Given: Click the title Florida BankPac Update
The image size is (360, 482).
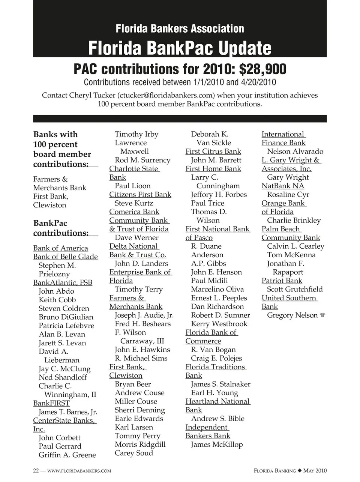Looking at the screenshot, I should point(180,48).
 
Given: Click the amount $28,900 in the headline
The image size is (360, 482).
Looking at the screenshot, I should point(262,69).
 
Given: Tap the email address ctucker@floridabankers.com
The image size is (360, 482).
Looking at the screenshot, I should point(166,95).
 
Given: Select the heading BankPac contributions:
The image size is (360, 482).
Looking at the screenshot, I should point(61,228).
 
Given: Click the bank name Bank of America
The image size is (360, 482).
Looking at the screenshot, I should point(60,248).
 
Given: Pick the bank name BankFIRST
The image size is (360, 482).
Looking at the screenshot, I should point(51,403).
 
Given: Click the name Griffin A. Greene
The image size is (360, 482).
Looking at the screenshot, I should point(67,455).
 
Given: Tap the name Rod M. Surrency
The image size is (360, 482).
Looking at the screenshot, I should point(142,160).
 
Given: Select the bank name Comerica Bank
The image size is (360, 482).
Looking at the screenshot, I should point(134,212).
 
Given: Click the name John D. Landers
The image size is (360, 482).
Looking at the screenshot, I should point(141,264).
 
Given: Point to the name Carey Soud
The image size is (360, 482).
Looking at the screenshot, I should point(134,453).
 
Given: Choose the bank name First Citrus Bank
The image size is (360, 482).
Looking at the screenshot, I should point(213,152).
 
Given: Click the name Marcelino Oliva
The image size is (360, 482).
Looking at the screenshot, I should point(217,289).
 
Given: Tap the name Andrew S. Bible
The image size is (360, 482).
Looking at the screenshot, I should point(217,419).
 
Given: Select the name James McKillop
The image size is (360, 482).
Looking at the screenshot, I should point(217,444).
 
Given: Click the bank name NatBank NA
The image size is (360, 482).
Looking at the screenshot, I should point(283,186).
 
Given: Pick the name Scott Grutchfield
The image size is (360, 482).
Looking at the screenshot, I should point(295,289).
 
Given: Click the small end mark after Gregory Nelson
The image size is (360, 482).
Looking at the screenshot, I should point(322,315).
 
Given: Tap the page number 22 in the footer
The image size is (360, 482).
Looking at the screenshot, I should point(36,471).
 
